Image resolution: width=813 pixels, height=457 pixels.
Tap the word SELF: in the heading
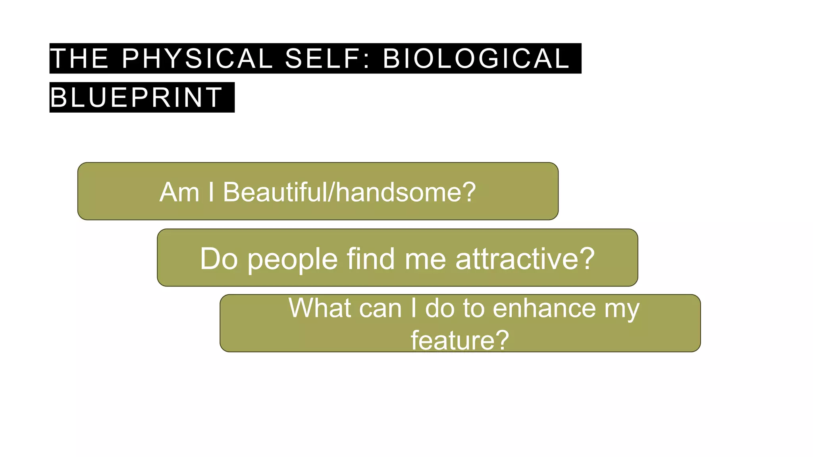click(x=328, y=58)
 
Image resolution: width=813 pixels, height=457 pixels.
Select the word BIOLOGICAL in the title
click(x=476, y=58)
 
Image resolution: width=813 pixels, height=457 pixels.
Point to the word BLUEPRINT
click(x=136, y=97)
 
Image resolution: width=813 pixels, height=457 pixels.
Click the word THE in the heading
click(x=79, y=58)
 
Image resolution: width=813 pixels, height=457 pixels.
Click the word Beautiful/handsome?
click(x=349, y=192)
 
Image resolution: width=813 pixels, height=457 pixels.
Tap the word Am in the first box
click(x=179, y=192)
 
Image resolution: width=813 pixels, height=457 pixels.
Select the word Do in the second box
click(x=219, y=259)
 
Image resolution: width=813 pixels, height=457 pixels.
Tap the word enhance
click(x=544, y=308)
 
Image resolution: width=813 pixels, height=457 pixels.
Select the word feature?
click(x=460, y=340)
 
